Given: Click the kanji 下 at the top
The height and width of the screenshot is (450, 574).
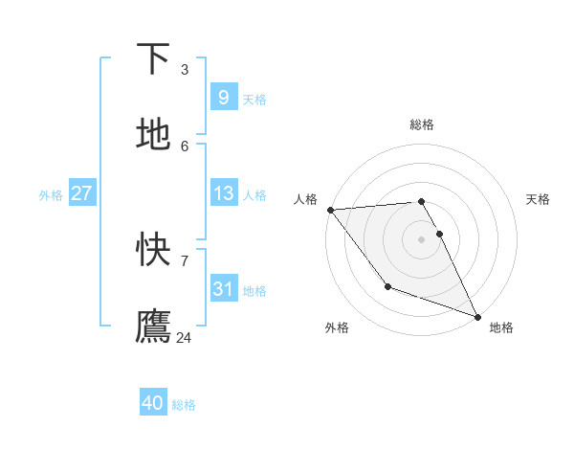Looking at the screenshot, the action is (153, 58).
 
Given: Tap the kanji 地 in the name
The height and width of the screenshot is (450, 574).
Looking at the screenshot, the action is (153, 134).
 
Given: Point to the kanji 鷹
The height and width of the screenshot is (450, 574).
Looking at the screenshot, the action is (153, 326).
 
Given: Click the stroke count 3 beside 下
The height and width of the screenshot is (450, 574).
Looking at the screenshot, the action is (185, 69).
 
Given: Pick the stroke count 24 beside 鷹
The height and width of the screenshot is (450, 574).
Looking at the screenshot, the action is (185, 337).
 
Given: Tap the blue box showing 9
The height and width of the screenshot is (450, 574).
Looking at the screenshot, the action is (223, 97).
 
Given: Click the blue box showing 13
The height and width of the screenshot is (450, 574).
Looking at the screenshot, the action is (223, 193).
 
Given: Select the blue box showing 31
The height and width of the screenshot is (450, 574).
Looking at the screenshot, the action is (223, 288).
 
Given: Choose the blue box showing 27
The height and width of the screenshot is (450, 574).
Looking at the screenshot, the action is (81, 193).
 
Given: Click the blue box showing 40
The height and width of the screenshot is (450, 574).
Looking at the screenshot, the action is (153, 403).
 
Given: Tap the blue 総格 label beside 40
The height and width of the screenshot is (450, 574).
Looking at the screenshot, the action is (185, 405).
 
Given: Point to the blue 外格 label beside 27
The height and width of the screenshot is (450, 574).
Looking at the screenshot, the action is (51, 195).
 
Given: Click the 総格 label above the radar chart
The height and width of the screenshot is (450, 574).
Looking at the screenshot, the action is (421, 125).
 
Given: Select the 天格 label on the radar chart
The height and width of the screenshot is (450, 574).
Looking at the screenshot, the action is (538, 199).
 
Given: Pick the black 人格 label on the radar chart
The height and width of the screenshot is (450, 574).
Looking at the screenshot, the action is (305, 199).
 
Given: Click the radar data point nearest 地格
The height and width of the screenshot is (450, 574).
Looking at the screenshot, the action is (476, 317).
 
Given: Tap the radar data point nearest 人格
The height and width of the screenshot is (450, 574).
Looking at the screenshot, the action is (330, 210).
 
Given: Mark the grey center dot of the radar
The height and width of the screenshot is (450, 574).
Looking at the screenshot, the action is (421, 238).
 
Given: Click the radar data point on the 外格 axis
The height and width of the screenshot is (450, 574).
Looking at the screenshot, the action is (387, 286).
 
